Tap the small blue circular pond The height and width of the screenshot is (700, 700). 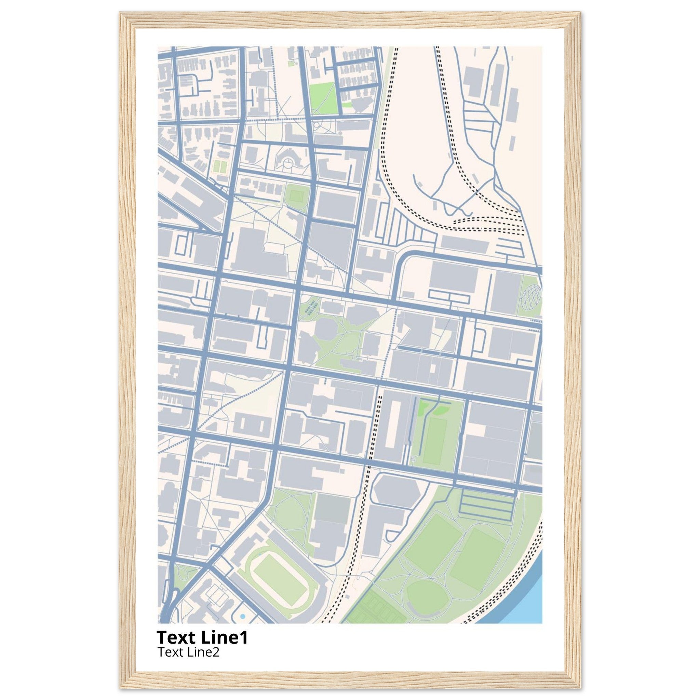(242, 616)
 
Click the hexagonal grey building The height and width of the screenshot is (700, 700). (397, 489)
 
